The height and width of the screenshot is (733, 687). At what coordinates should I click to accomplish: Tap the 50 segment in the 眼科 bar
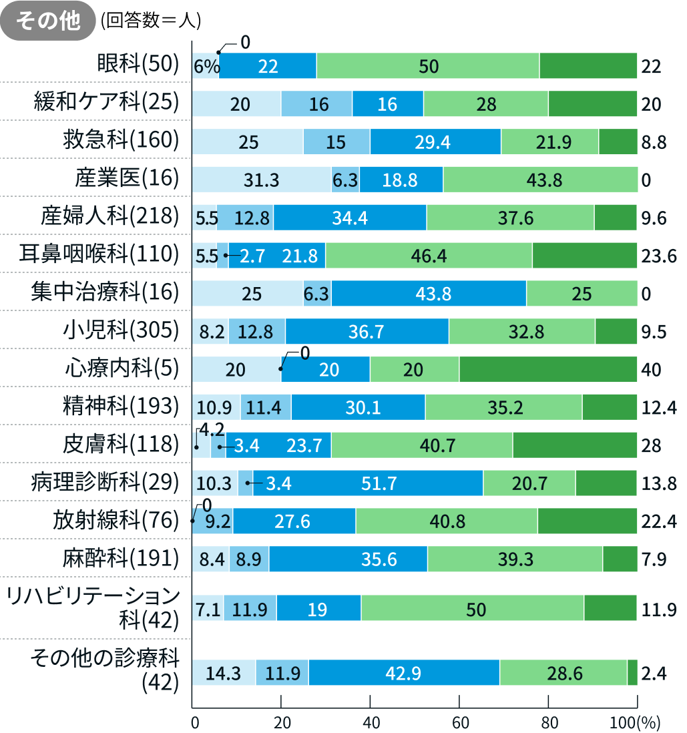429,65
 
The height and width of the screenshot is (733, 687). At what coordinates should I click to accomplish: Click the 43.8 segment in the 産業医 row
541,180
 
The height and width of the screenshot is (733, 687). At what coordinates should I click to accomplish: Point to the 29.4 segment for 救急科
435,142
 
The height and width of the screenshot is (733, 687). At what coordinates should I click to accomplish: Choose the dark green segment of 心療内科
547,369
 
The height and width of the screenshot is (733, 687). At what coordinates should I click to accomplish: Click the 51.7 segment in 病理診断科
368,483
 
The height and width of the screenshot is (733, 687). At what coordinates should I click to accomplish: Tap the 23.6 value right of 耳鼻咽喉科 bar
654,256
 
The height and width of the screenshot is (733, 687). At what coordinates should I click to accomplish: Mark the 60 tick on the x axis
459,722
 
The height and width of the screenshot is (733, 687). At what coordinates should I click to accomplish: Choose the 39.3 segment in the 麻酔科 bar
515,559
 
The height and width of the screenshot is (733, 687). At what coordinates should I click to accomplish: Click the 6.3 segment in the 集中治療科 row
317,294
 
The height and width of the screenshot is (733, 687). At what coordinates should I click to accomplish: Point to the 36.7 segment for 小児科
367,331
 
